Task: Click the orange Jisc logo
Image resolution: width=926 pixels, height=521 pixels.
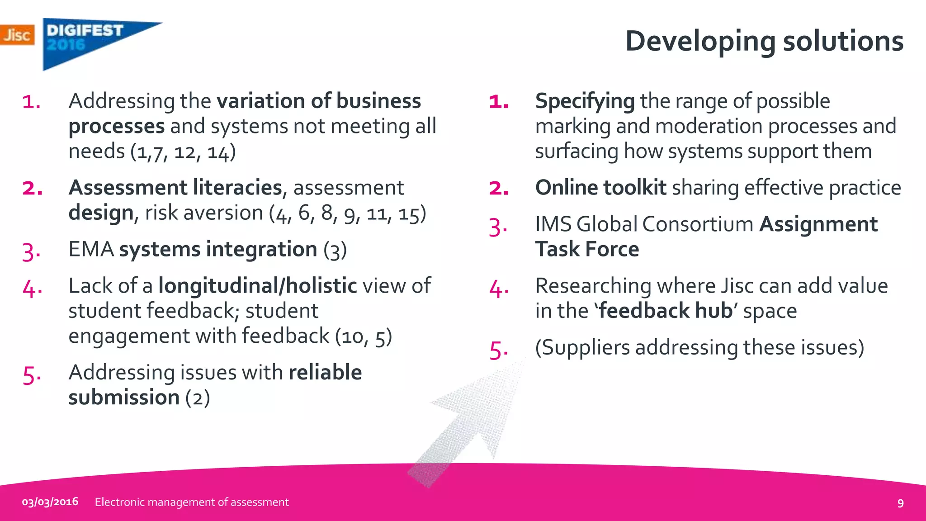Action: pos(17,35)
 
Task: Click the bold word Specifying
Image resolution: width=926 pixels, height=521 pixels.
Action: pos(585,101)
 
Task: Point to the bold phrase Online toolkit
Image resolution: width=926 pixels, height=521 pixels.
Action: pos(600,188)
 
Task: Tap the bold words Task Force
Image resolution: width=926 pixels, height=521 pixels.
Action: pos(587,249)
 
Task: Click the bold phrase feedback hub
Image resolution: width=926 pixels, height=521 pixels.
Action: pos(665,311)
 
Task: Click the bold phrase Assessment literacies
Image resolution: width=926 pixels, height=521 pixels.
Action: pos(175,188)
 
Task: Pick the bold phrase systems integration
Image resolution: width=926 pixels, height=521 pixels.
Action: pos(218,249)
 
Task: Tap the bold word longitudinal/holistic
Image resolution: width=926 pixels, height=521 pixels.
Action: pos(257,286)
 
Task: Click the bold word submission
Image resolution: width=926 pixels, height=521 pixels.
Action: pos(124,398)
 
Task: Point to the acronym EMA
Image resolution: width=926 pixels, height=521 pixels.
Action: pos(91,249)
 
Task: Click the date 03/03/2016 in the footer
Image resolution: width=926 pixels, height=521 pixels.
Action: pos(50,502)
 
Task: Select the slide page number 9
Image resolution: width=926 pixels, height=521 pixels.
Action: pos(900,503)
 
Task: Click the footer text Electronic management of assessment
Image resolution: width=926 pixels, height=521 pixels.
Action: pos(192,502)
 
